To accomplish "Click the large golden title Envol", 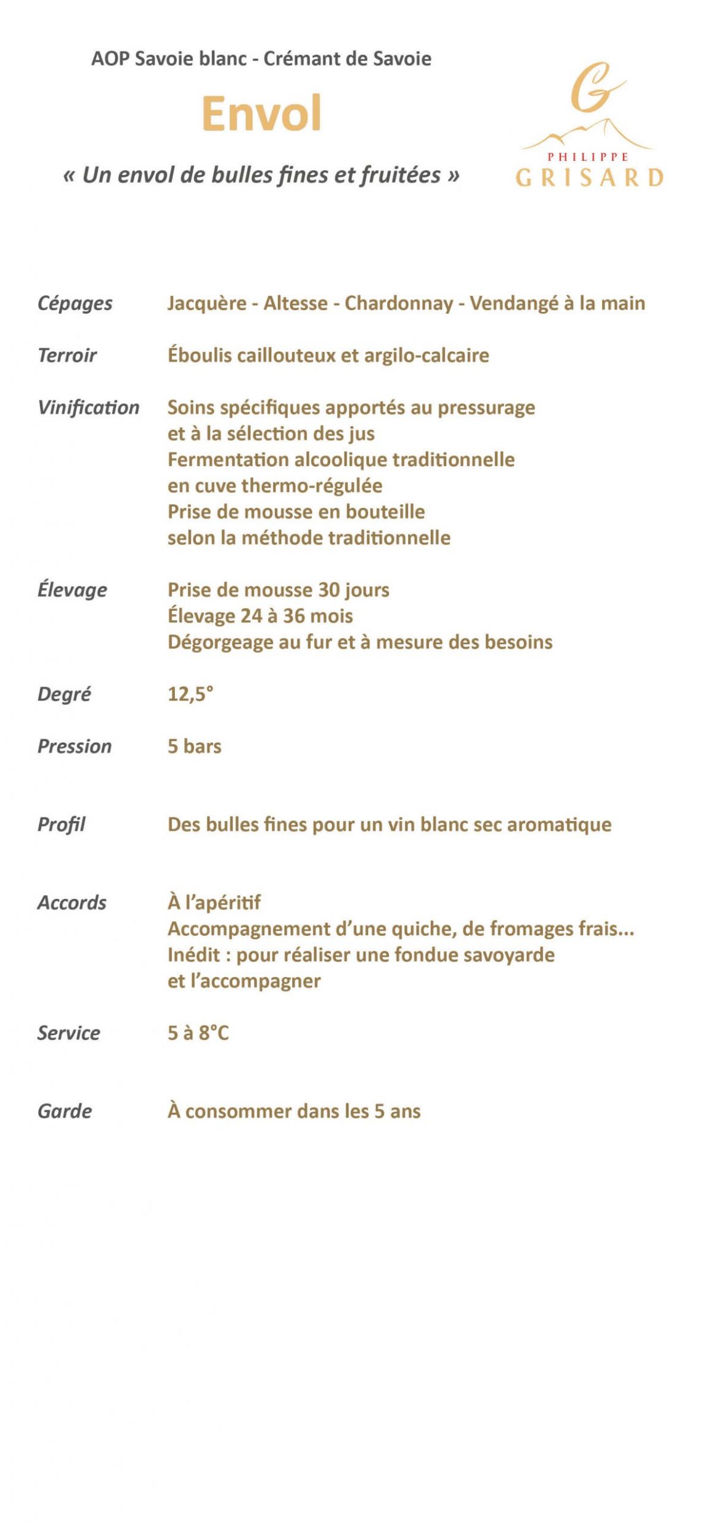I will click(x=261, y=114).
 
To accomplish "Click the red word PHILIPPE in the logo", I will click(x=588, y=157).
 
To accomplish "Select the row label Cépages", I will click(x=75, y=303).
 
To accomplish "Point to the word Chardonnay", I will click(x=398, y=303).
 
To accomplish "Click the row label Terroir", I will click(x=67, y=356).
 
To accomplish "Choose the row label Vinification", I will click(x=88, y=408).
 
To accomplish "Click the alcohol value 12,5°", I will click(x=190, y=694).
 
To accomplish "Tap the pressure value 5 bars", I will click(x=195, y=747).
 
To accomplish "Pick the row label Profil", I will click(x=61, y=825).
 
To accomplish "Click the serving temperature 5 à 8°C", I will click(x=198, y=1033).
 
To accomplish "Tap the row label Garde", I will click(x=64, y=1111).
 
